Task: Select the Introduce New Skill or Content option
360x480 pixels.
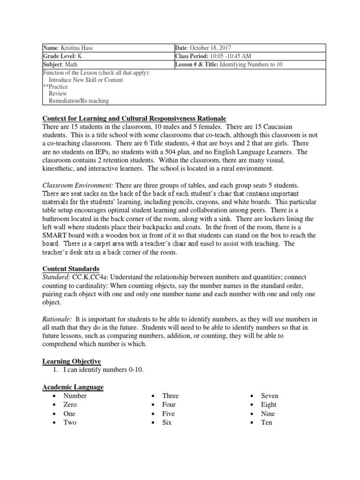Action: (x=86, y=80)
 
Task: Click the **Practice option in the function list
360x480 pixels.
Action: (x=55, y=87)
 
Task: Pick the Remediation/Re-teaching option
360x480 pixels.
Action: (x=79, y=100)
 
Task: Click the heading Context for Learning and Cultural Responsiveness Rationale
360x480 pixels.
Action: (x=134, y=117)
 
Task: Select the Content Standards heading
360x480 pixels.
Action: (x=71, y=269)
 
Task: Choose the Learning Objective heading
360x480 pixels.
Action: (x=72, y=361)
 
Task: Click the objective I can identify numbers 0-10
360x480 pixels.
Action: (x=104, y=370)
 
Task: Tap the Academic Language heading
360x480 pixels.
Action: (x=73, y=387)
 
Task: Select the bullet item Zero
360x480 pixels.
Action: (x=70, y=405)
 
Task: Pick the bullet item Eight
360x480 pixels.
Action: (x=269, y=405)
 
